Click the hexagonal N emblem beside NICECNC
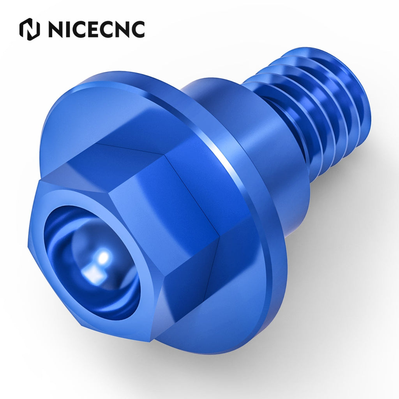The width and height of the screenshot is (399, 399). coord(30,29)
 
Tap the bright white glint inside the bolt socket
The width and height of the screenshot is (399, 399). coord(103,258)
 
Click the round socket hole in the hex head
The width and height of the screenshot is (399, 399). coord(92,262)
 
